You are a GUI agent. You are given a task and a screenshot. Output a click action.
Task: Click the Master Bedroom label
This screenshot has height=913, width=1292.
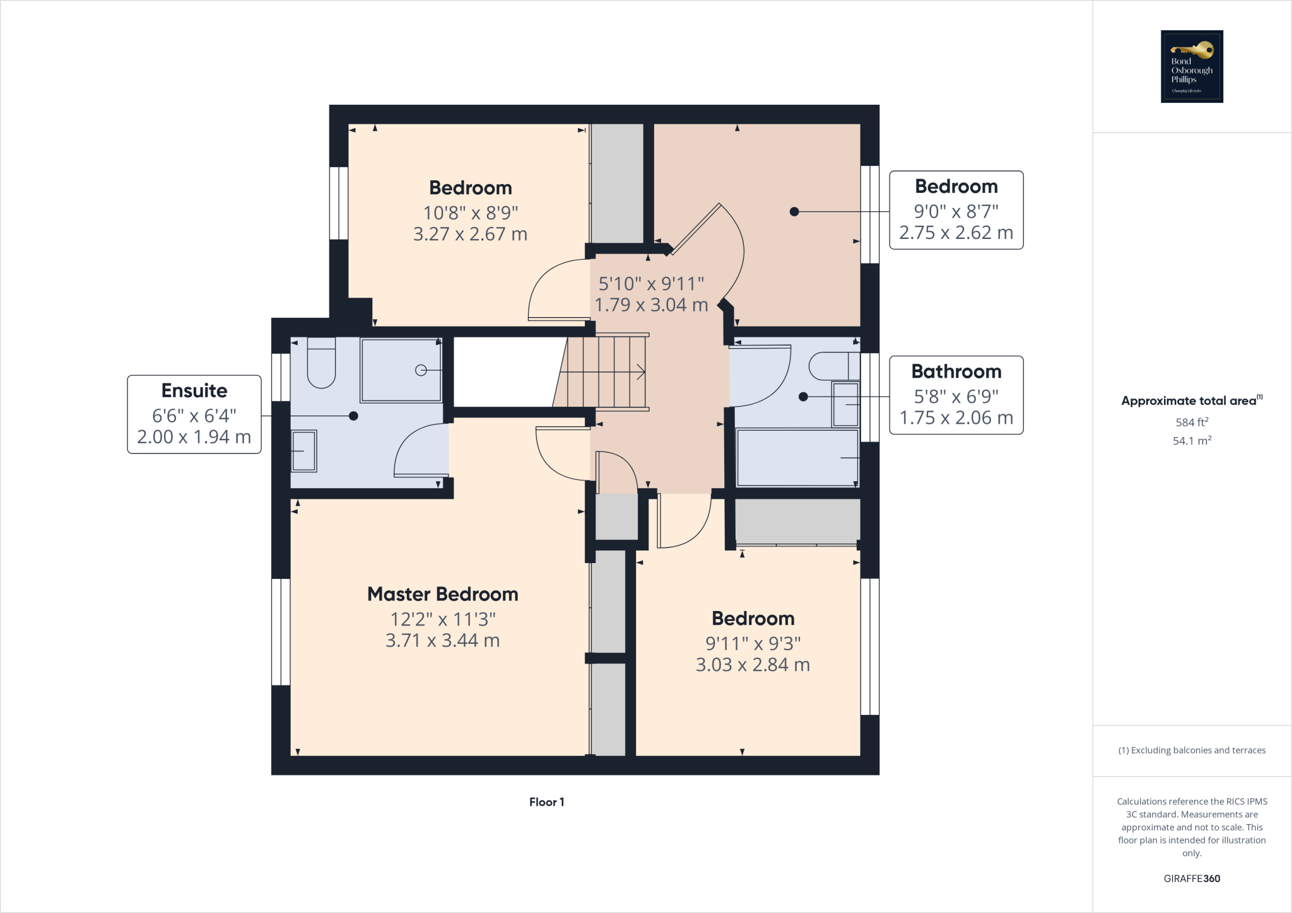[x=443, y=594]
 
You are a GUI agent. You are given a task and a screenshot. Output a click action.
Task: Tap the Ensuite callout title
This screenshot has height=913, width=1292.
[x=194, y=390]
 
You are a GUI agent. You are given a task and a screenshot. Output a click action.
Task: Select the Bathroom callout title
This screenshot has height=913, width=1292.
[x=956, y=371]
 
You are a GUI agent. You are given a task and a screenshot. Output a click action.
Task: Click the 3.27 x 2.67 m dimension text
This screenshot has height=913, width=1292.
[x=470, y=234]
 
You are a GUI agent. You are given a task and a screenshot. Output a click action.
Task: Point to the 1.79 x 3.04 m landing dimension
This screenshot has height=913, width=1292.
[x=651, y=305]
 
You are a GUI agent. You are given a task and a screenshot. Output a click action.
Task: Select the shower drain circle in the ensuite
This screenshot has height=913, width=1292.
[x=421, y=370]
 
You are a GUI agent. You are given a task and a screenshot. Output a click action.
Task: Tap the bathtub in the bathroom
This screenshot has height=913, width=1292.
[x=797, y=458]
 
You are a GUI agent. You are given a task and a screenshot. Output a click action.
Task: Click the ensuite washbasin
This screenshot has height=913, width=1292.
[x=303, y=451]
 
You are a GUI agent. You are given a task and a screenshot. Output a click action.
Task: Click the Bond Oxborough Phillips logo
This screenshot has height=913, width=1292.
[x=1192, y=66]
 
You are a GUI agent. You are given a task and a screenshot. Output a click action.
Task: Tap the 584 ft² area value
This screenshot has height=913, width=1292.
[x=1192, y=422]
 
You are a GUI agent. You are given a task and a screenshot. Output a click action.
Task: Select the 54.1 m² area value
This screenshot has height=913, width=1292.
[x=1192, y=441]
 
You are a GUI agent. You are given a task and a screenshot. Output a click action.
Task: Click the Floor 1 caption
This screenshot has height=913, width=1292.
[x=546, y=802]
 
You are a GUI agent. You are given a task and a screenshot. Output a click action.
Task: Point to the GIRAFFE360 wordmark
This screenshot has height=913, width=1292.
[x=1192, y=878]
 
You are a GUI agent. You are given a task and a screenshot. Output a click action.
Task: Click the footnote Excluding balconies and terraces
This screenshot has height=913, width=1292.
[x=1192, y=750]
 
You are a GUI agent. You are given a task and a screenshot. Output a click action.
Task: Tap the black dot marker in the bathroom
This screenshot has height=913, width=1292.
[x=803, y=397]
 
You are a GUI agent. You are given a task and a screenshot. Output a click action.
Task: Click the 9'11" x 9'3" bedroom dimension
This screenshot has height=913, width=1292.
[x=753, y=643]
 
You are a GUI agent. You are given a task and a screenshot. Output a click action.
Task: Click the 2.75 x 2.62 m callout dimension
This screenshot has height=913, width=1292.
[x=956, y=233]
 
